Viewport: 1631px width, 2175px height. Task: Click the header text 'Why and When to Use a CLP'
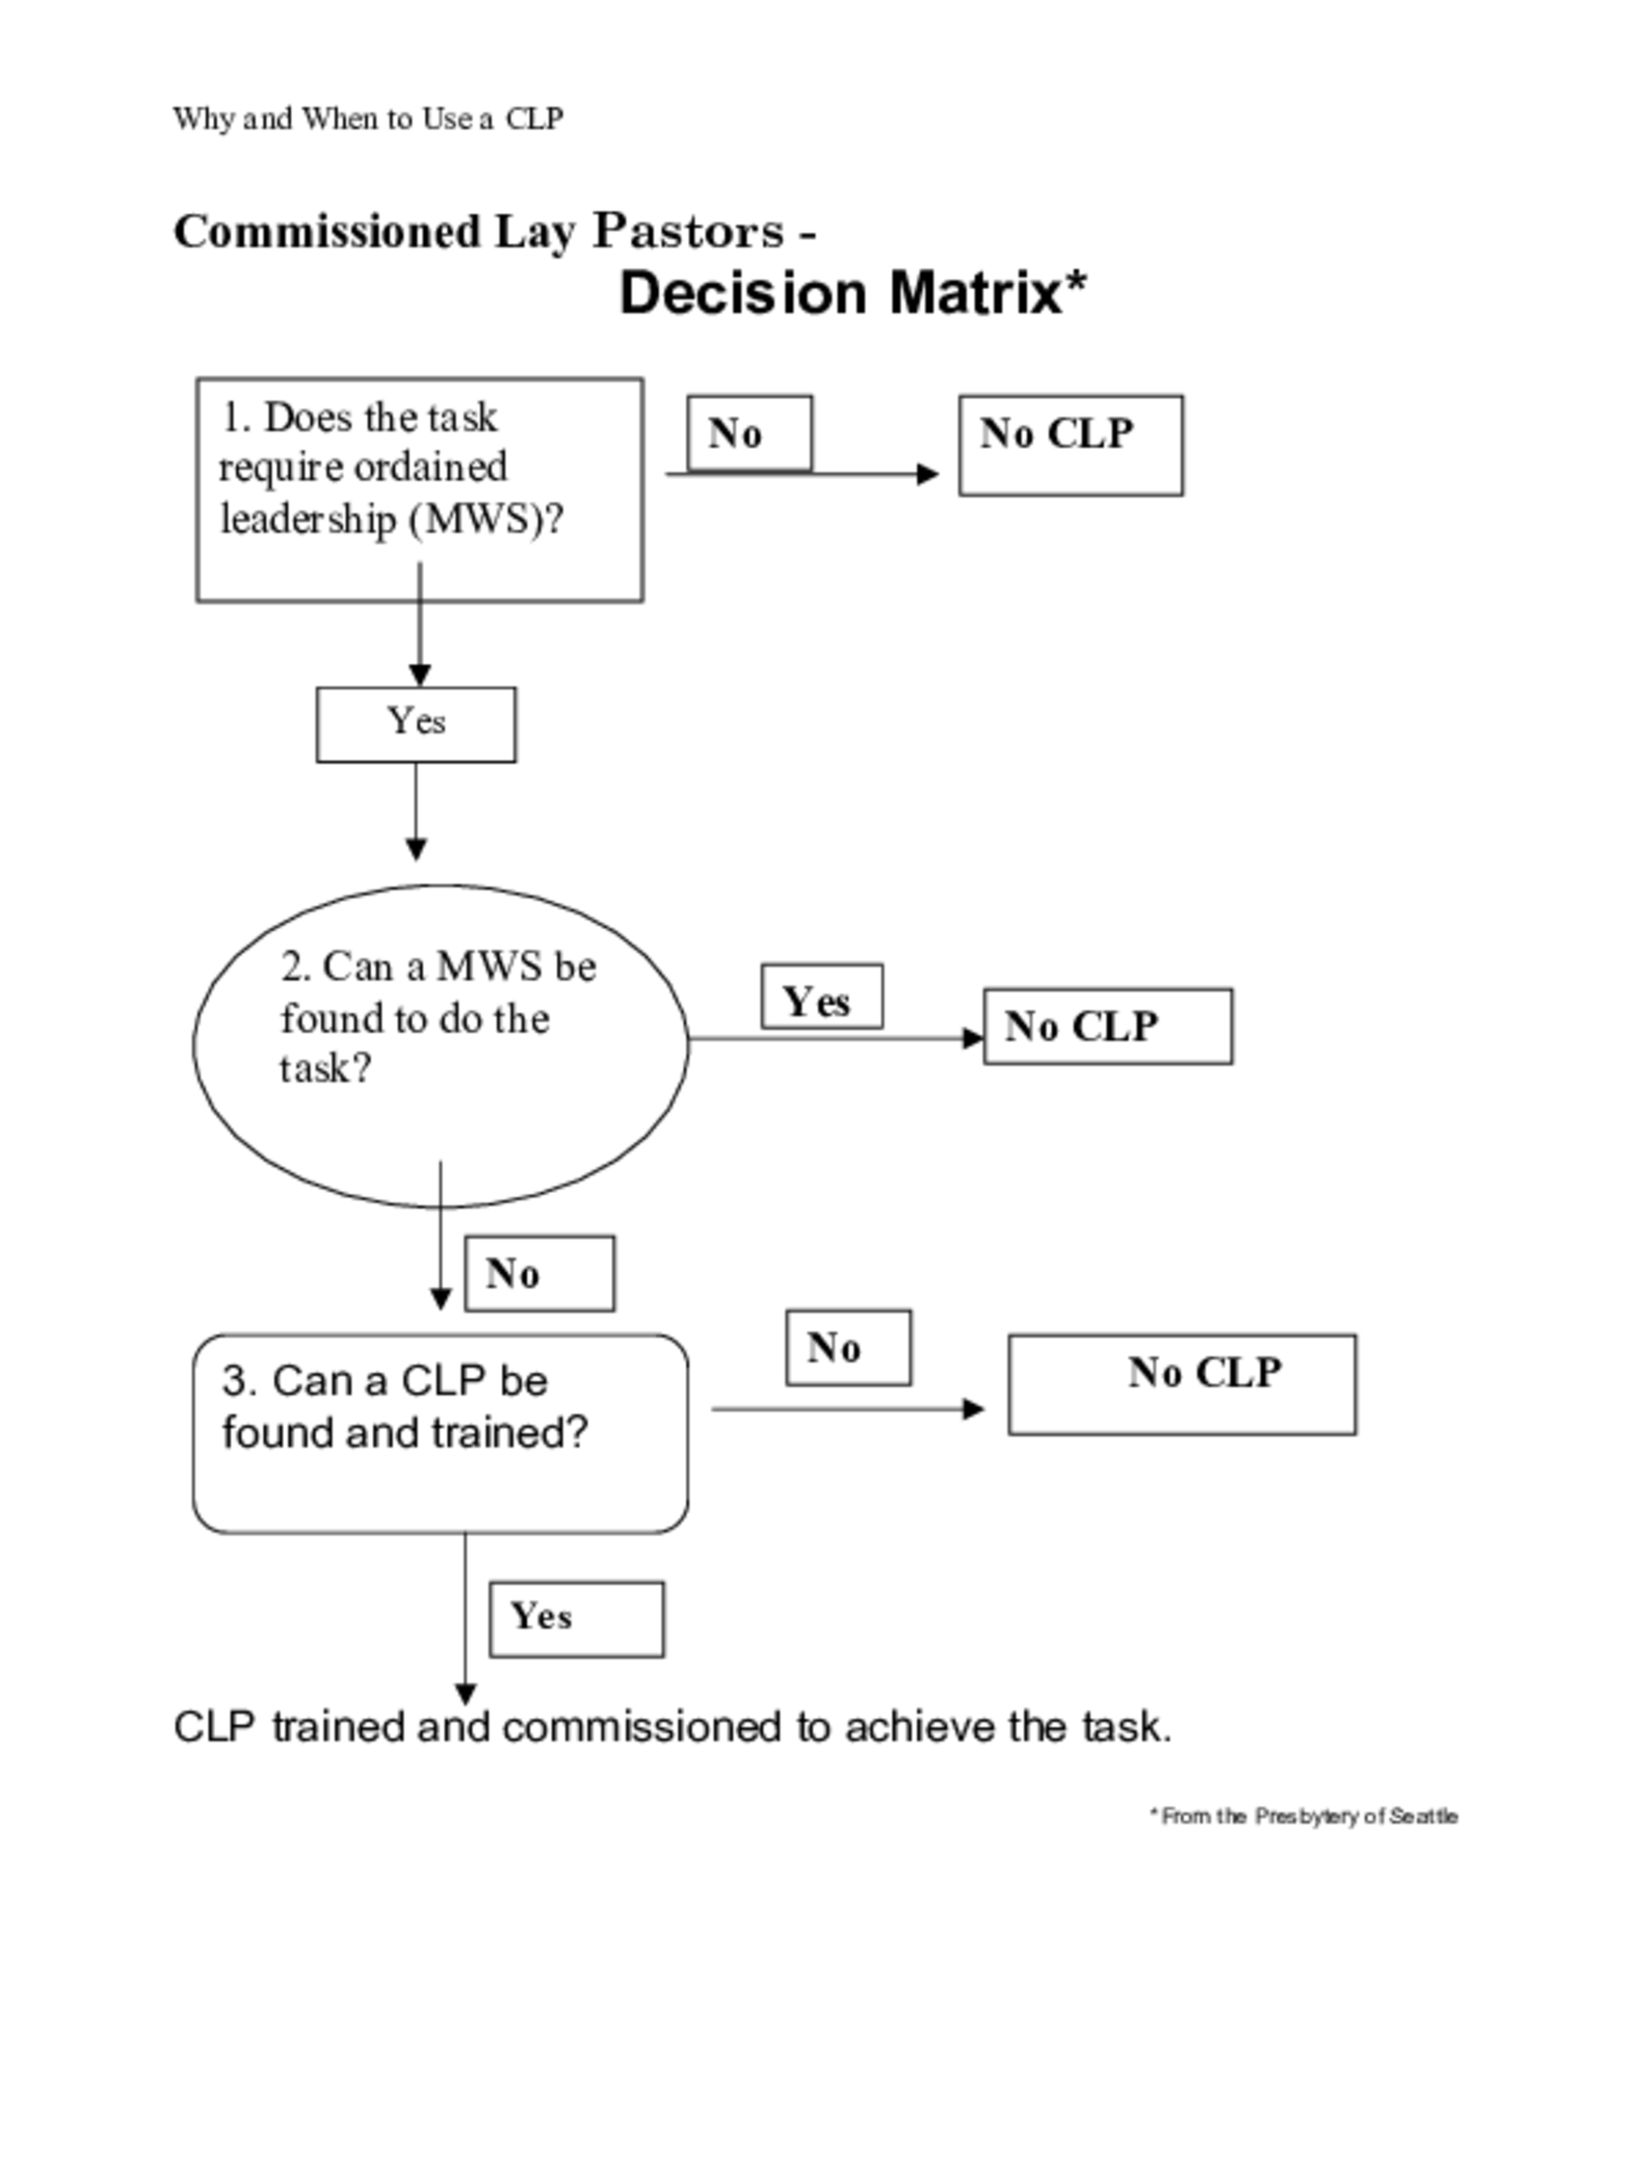coord(367,119)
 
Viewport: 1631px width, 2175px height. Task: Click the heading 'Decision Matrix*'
coord(851,293)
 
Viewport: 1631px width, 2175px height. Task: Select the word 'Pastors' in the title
coord(687,232)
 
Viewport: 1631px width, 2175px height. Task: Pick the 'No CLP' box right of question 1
coord(1069,444)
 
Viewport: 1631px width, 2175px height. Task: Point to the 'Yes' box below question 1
coord(415,724)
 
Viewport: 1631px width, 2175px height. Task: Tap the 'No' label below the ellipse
coord(539,1272)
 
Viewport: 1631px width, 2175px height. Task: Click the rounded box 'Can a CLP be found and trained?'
coord(440,1432)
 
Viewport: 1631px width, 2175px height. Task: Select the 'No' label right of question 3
coord(847,1346)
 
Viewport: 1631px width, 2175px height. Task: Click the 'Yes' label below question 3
coord(576,1617)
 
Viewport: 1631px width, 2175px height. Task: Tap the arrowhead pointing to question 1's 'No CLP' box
coord(926,474)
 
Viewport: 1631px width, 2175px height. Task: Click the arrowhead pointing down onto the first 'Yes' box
coord(420,676)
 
